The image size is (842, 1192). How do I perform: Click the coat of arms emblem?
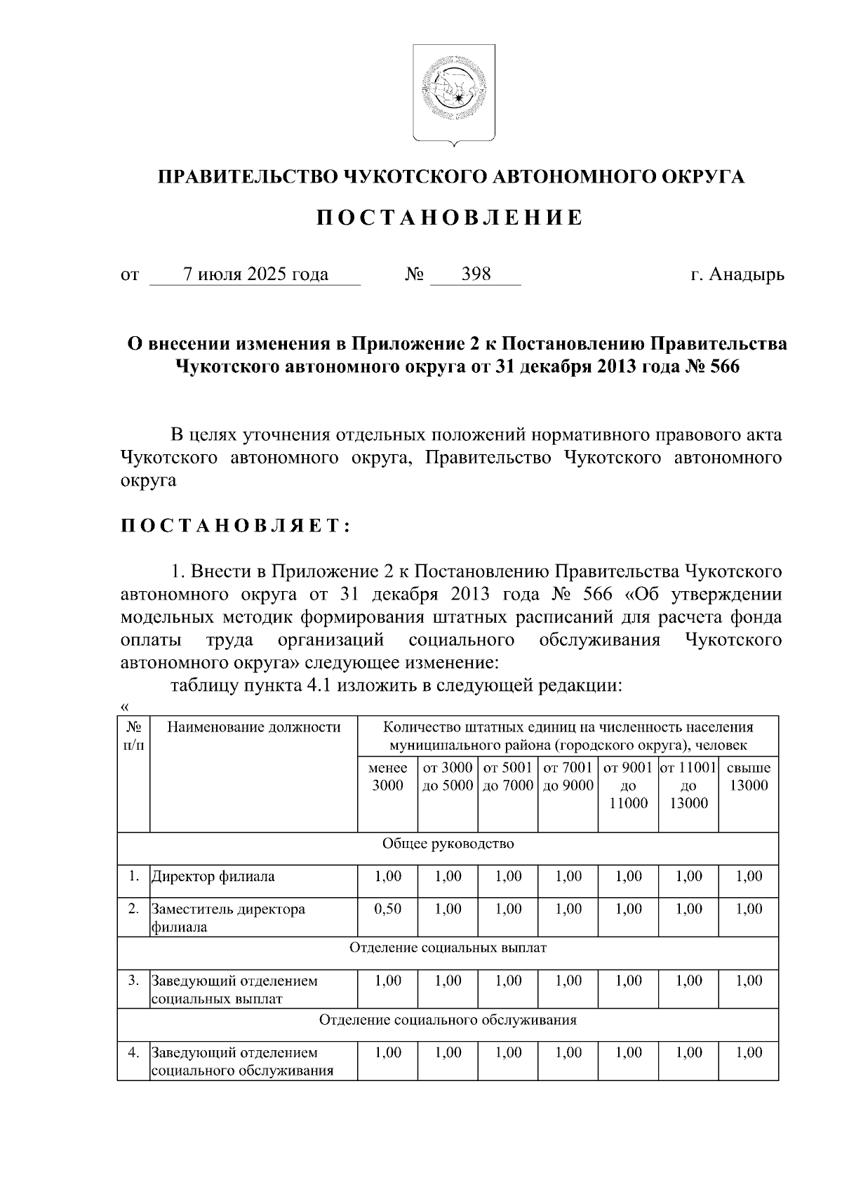453,94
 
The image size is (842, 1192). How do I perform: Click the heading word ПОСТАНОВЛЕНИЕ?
448,218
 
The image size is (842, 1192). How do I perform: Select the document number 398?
476,274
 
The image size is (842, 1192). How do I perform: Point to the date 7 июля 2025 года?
255,274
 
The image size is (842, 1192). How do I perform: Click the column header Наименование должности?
254,727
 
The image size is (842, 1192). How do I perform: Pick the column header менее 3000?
387,776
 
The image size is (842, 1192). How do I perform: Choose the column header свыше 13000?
749,776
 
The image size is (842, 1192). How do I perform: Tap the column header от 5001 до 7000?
508,776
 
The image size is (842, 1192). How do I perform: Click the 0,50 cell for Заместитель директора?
388,909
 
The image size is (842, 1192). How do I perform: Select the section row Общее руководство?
448,843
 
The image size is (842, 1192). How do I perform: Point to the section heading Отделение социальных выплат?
448,948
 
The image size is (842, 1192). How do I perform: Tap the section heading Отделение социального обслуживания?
448,1020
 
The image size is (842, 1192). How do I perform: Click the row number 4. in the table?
134,1052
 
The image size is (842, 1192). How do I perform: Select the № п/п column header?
134,736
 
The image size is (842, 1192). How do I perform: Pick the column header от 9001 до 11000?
628,786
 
